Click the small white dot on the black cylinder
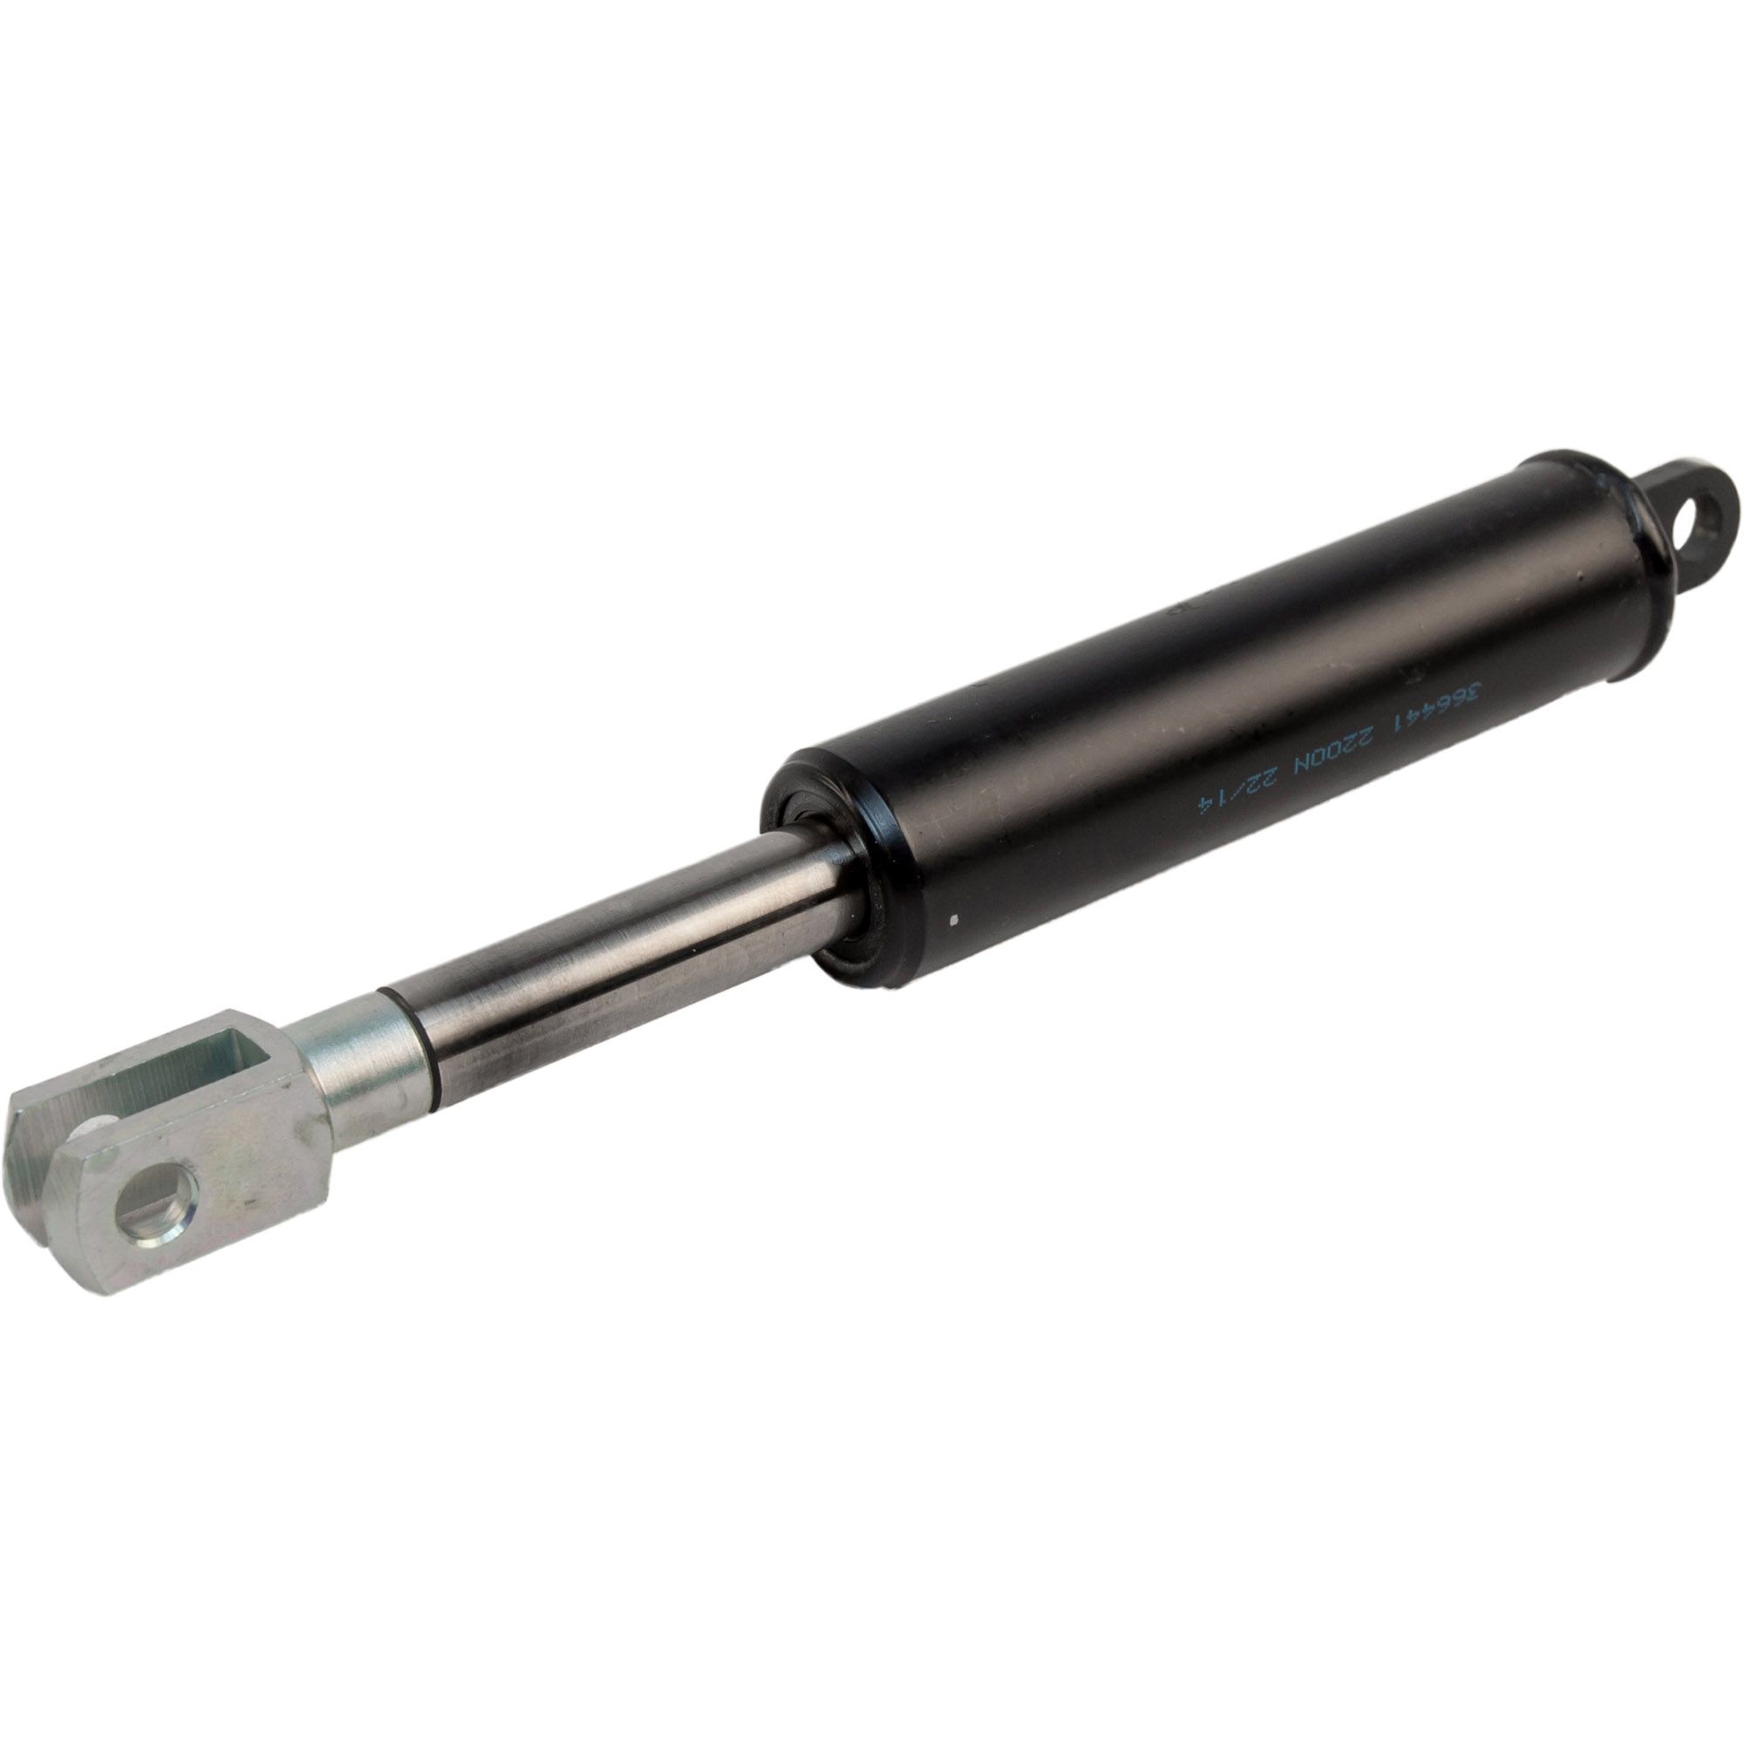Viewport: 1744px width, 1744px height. click(x=955, y=922)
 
